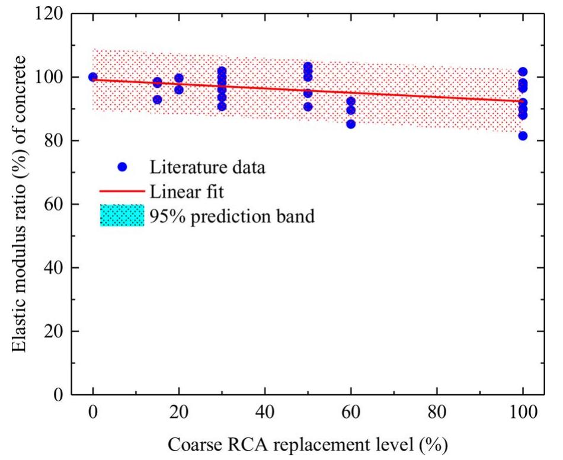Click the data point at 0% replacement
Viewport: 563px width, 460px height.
(93, 77)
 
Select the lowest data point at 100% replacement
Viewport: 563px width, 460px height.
(523, 136)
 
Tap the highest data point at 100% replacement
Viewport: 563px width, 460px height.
(523, 72)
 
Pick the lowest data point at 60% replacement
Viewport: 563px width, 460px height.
(351, 124)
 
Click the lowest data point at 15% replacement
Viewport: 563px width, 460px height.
(157, 100)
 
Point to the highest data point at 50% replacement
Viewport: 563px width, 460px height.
(308, 67)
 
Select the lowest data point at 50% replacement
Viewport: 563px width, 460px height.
(308, 107)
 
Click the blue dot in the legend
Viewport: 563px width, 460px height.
(122, 167)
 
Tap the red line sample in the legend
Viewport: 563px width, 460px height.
(122, 191)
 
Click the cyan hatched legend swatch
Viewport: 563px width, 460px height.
(122, 215)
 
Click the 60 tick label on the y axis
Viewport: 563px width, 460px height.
(55, 205)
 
